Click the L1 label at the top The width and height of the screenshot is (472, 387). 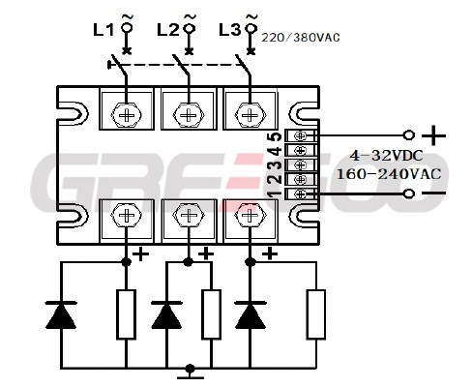pyautogui.click(x=103, y=30)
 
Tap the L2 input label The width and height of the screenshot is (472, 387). pyautogui.click(x=167, y=30)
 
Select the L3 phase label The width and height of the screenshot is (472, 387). pyautogui.click(x=230, y=30)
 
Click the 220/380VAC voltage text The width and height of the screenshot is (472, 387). pyautogui.click(x=301, y=38)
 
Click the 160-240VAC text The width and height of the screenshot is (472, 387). pyautogui.click(x=389, y=174)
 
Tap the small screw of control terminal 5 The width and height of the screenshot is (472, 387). pyautogui.click(x=301, y=135)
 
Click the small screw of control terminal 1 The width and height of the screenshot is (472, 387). pyautogui.click(x=301, y=194)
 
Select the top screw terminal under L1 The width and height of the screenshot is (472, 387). pyautogui.click(x=126, y=115)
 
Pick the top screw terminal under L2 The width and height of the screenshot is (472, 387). pyautogui.click(x=189, y=115)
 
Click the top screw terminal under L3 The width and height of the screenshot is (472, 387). pyautogui.click(x=251, y=115)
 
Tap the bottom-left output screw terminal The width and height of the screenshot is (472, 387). pyautogui.click(x=126, y=215)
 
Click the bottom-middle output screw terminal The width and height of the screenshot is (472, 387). pyautogui.click(x=189, y=215)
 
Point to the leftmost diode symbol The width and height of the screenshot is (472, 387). pyautogui.click(x=61, y=315)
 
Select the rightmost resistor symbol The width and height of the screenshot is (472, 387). pyautogui.click(x=316, y=314)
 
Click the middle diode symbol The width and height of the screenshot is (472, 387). pyautogui.click(x=166, y=315)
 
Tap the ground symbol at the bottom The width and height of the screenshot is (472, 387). pyautogui.click(x=191, y=372)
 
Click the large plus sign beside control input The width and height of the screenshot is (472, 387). pyautogui.click(x=433, y=135)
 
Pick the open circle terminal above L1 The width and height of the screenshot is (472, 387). pyautogui.click(x=127, y=28)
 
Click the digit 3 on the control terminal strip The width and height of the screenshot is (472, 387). pyautogui.click(x=276, y=165)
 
